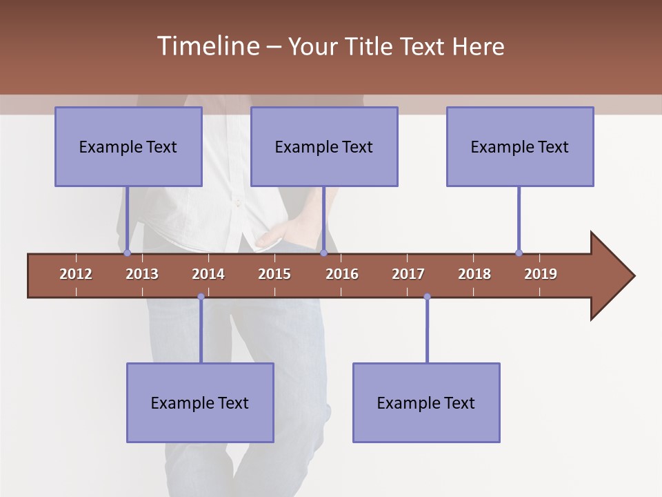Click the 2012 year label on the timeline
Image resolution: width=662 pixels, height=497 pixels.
coord(76,274)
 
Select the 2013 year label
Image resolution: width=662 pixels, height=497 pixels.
coord(142,274)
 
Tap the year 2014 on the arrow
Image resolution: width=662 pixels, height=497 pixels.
coord(208,274)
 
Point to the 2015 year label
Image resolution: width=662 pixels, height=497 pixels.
coord(274,274)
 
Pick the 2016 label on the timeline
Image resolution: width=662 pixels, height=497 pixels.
coord(342,274)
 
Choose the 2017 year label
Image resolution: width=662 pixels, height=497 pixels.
coord(408,274)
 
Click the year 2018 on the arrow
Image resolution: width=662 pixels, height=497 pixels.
coord(474,274)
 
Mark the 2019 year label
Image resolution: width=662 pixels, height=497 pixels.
coord(541,274)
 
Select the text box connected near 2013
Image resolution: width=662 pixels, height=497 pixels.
coord(128,146)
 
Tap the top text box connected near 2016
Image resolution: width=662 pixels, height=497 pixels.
coord(324,146)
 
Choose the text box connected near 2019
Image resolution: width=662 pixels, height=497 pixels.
coord(520,146)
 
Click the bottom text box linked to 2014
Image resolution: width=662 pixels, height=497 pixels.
coord(200,402)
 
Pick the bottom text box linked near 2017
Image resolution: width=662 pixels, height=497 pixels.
coord(426,402)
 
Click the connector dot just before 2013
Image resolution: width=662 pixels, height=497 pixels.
coord(127,253)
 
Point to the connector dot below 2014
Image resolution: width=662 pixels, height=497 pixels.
coord(201,297)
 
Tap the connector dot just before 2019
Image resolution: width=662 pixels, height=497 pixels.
coord(519,253)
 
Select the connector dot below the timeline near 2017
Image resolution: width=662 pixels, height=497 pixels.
coord(427,297)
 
